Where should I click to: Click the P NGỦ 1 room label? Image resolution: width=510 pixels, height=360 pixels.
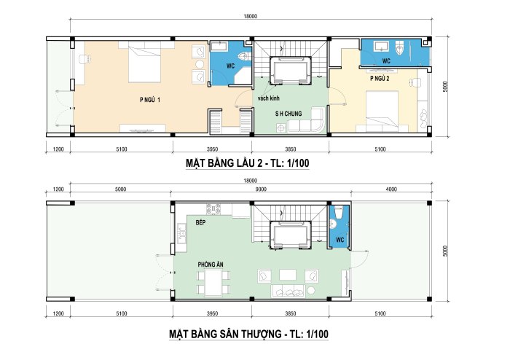(x=150, y=100)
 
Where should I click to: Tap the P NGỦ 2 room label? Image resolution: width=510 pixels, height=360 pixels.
(x=380, y=79)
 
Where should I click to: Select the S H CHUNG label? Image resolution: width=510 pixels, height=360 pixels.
(x=289, y=114)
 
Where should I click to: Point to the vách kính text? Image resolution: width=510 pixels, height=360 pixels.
(x=268, y=98)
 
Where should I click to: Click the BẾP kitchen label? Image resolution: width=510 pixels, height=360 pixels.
(x=200, y=222)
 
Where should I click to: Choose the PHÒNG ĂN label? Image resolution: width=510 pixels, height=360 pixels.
(x=211, y=265)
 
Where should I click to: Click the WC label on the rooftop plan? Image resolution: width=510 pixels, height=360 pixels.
(x=340, y=240)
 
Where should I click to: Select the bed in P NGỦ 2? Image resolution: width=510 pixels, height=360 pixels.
(x=382, y=109)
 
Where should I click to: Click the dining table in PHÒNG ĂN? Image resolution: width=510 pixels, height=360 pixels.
(x=213, y=281)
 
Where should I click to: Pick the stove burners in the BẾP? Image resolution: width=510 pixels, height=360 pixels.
(x=213, y=208)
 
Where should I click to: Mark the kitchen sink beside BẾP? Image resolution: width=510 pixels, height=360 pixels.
(x=181, y=233)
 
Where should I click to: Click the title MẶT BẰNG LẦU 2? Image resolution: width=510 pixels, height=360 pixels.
(x=224, y=163)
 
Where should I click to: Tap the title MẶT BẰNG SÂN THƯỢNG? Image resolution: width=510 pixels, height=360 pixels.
(x=225, y=334)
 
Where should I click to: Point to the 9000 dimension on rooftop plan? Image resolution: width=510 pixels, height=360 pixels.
(x=261, y=189)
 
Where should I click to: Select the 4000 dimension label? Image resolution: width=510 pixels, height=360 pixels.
(x=391, y=189)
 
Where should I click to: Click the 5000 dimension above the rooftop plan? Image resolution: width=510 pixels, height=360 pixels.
(x=120, y=189)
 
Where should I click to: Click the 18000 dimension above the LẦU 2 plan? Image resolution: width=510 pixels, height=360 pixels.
(x=250, y=16)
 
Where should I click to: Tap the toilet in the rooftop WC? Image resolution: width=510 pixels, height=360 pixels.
(x=339, y=212)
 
